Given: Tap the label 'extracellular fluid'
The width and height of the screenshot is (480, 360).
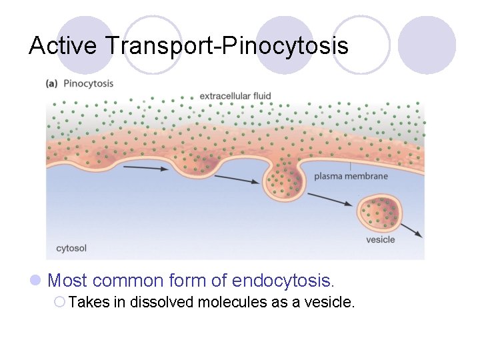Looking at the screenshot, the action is coord(235,96).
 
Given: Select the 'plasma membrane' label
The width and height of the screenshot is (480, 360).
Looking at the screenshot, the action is coord(351,177).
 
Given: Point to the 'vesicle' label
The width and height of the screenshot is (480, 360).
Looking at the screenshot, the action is coord(381,239).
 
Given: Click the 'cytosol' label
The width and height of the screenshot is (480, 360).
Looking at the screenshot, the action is coord(71,249).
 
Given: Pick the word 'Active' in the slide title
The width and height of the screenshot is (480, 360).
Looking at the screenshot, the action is coord(64,45).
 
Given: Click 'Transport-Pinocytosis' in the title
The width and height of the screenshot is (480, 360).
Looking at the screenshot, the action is coord(227,45).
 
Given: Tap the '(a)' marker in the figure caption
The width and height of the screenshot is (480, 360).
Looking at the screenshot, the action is coord(51,84).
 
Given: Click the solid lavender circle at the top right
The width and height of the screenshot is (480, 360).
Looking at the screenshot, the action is coord(427,45).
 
